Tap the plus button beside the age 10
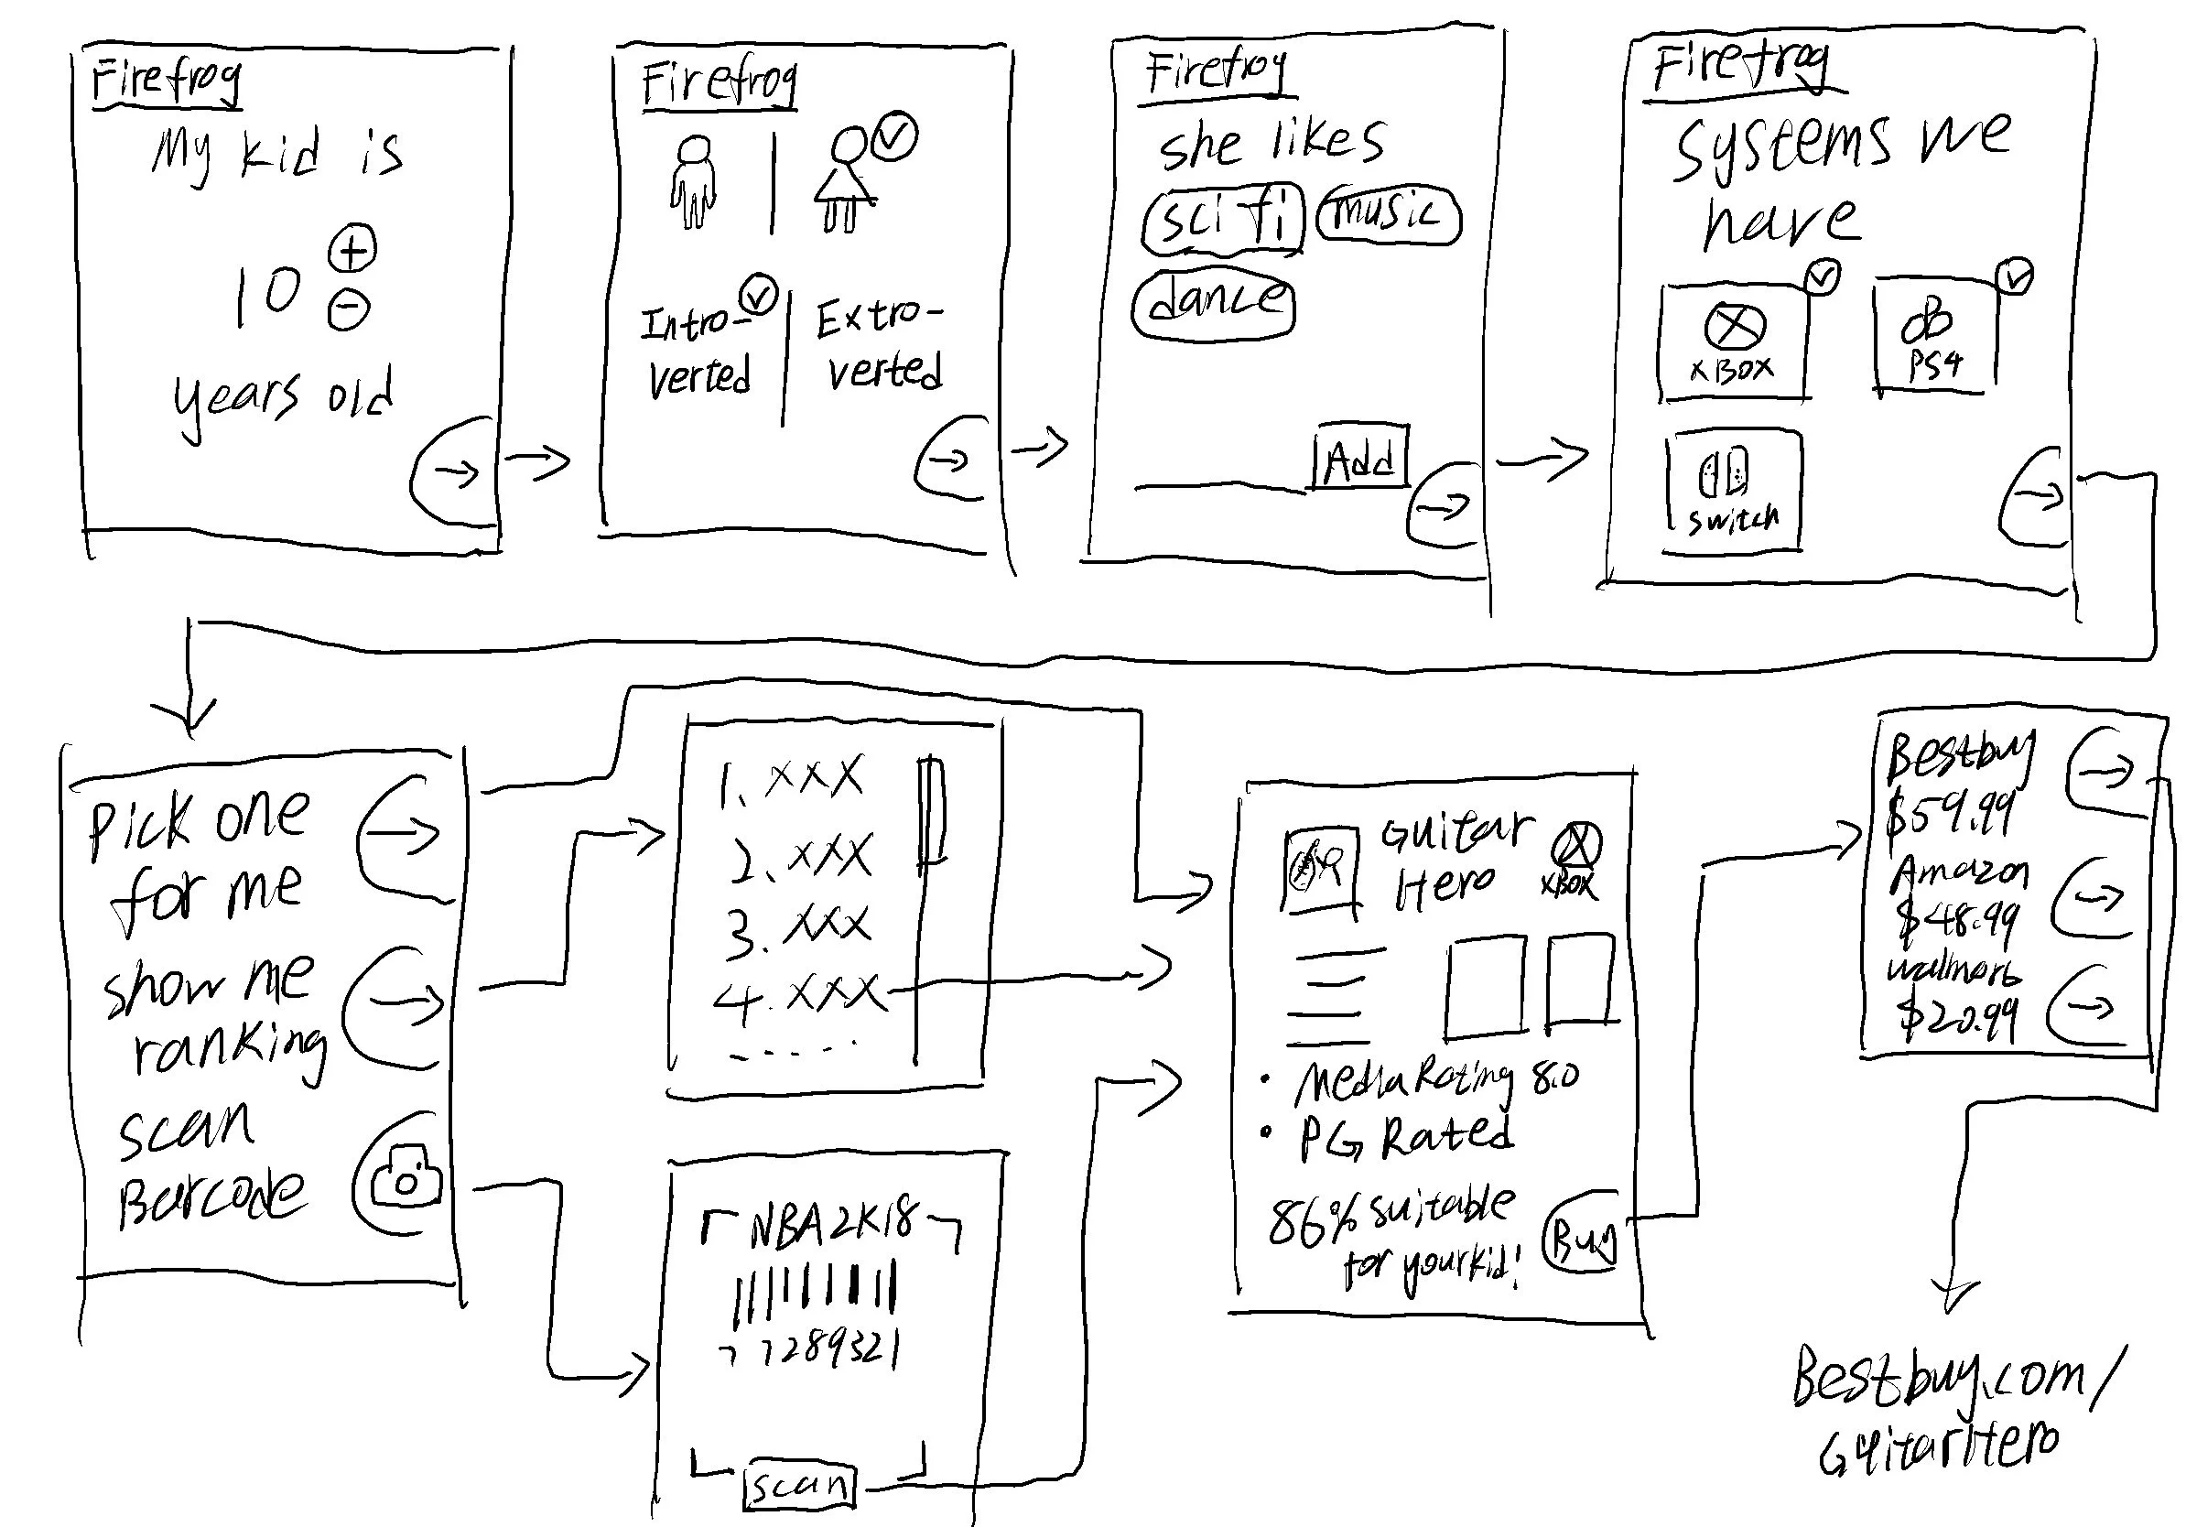pos(352,249)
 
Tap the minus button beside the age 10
pos(349,309)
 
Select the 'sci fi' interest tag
pos(1221,221)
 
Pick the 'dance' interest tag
pos(1214,303)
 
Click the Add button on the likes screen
pos(1359,459)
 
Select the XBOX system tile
pos(1732,341)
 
